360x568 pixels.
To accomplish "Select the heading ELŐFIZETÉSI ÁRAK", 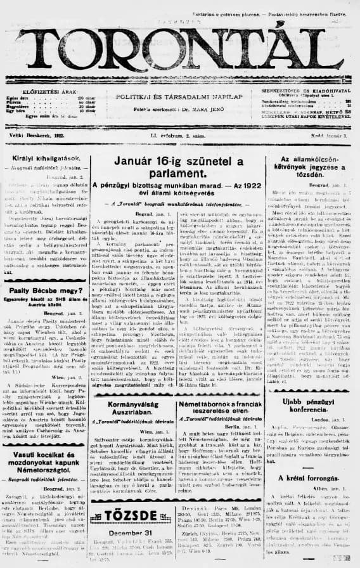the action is tap(45, 92).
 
